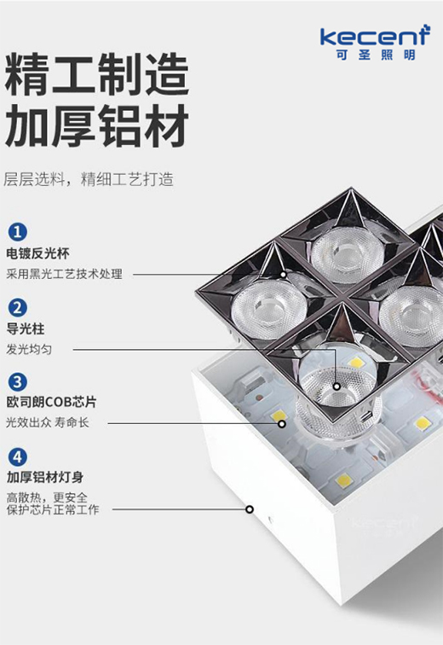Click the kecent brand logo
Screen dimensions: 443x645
375,36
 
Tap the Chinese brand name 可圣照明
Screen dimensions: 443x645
375,55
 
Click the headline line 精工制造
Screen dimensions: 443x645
97,75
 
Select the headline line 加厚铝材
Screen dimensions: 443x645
97,125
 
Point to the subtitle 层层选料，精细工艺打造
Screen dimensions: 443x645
89,179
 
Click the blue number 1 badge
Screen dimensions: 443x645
17,232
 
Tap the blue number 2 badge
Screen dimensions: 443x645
17,308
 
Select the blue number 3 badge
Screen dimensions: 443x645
17,381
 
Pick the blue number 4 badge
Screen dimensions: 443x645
17,457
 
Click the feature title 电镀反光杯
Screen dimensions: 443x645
37,253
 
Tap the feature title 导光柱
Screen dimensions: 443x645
26,329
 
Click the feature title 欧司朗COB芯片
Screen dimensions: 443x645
51,402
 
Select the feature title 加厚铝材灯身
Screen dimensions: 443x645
45,477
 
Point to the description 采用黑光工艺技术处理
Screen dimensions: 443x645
64,274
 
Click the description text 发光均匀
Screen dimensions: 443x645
29,350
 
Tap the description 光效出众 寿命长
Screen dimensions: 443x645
47,422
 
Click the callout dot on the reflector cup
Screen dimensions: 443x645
284,274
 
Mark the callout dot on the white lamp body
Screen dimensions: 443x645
250,509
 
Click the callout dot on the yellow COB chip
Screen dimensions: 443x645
282,423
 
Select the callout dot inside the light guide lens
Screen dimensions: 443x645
337,386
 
